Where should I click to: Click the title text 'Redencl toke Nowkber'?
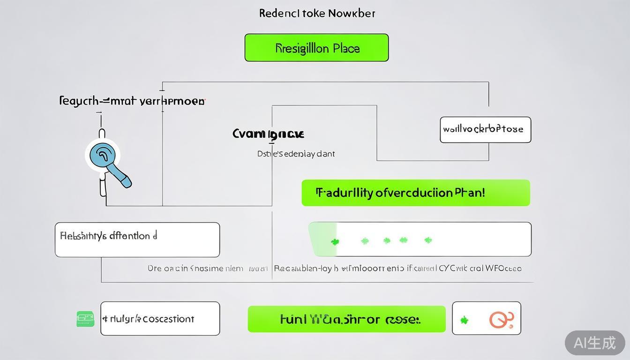pos(317,13)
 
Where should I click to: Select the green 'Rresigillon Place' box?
pos(316,48)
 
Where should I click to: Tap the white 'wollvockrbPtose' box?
pos(485,129)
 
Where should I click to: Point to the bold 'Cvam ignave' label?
pos(268,134)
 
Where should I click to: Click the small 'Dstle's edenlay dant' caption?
pos(296,154)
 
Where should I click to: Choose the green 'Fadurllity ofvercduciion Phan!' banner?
pos(415,193)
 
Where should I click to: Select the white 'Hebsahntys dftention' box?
pos(137,240)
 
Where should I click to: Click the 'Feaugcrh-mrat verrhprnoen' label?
pos(132,101)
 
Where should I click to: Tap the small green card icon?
pos(85,319)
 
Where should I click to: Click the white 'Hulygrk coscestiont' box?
pos(160,319)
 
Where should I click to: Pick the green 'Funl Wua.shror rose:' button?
pos(346,319)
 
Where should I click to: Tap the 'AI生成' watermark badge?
pos(594,343)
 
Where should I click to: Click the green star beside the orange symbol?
pos(464,320)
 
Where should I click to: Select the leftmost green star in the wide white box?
pos(335,242)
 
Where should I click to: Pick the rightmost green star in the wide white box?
pos(427,240)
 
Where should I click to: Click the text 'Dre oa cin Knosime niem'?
pos(195,269)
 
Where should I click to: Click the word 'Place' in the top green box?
pos(346,48)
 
